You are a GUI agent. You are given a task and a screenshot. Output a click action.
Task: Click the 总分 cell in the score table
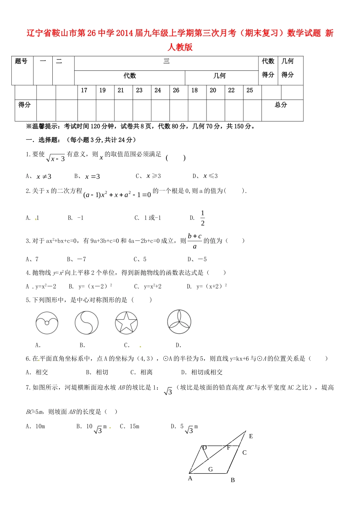click(x=281, y=105)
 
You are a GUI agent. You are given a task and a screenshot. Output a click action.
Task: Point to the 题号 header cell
click(x=21, y=61)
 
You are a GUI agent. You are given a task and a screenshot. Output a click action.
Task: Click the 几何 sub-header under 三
click(x=219, y=76)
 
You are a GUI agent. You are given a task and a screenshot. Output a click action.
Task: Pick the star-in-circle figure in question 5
click(x=126, y=323)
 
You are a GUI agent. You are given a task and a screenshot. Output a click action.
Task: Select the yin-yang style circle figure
click(x=86, y=323)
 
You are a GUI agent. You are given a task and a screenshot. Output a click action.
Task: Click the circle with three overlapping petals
click(x=179, y=322)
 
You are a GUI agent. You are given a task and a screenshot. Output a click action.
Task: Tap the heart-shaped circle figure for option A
click(x=47, y=323)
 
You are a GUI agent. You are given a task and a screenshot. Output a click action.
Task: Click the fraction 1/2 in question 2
click(x=203, y=218)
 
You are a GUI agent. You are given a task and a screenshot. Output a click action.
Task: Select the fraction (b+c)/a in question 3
click(x=195, y=241)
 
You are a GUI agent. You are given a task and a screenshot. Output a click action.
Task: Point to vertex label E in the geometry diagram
click(x=251, y=436)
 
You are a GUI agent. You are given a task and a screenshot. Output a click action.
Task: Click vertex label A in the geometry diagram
click(x=190, y=478)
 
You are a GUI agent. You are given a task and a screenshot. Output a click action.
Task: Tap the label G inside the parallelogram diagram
click(x=211, y=469)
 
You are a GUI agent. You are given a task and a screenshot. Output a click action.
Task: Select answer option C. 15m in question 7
click(x=130, y=426)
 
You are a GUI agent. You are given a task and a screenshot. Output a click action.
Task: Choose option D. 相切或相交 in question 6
click(x=202, y=372)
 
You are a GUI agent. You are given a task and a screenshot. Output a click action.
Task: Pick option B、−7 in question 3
click(x=77, y=259)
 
